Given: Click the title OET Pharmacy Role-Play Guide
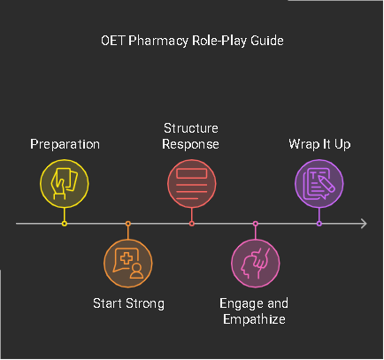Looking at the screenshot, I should tap(191, 41).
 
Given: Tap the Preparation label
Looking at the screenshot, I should tap(65, 143).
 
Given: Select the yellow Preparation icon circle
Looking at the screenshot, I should tap(65, 183).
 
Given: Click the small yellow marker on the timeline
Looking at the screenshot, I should tap(65, 224).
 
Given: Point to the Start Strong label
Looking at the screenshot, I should tap(128, 303).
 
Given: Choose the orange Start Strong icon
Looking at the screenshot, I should tap(128, 264).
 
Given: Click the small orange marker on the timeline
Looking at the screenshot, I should tap(128, 224).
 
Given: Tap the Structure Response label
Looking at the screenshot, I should tap(192, 135).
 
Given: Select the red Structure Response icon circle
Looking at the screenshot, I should tap(192, 183).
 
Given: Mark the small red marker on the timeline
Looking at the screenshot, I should tap(192, 224).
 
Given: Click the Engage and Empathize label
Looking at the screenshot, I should tap(255, 310).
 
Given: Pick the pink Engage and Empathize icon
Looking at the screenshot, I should tap(255, 264).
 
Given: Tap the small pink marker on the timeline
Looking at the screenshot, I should tap(255, 224).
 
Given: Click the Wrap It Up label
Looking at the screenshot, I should tap(319, 143).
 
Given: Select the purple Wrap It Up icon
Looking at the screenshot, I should tap(319, 183).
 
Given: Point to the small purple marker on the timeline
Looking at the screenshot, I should tap(319, 224).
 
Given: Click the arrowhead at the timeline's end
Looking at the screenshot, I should tap(363, 224).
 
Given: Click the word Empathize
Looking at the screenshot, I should tap(255, 318).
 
